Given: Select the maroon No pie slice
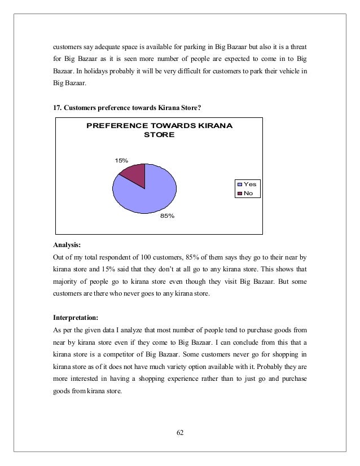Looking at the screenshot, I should pyautogui.click(x=134, y=174).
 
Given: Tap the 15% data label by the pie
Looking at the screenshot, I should pyautogui.click(x=121, y=161).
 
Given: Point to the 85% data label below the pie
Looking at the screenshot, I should pyautogui.click(x=168, y=216).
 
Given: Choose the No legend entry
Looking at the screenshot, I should pyautogui.click(x=248, y=194).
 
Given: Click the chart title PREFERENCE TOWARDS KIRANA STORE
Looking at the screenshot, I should pyautogui.click(x=159, y=130).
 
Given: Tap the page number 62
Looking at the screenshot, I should pyautogui.click(x=180, y=433).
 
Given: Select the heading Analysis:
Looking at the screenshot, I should pyautogui.click(x=67, y=245).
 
